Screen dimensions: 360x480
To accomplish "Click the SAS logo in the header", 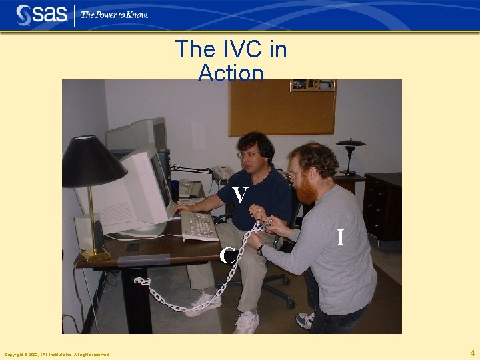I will tap(41, 15).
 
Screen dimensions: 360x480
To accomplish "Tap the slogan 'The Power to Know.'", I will tap(114, 15).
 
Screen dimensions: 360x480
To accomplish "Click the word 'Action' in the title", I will tap(231, 73).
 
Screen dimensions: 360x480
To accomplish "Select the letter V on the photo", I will tap(241, 195).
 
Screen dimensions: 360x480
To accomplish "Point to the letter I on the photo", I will tap(340, 237).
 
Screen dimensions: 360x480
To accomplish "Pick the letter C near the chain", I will tap(228, 255).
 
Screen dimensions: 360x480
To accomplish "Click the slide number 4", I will tap(472, 353).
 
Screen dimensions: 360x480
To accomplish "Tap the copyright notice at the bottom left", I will tap(57, 354).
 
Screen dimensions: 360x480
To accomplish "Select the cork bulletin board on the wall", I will tap(282, 107).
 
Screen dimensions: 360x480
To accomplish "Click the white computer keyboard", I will tap(199, 226).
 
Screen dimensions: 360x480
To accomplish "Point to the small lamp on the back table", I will tap(350, 153).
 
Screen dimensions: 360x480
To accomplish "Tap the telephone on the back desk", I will tap(223, 173).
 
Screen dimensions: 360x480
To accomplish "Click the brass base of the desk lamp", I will tap(96, 254).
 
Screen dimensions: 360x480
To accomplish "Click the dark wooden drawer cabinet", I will tap(383, 207).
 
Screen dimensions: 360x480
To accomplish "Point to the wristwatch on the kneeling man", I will tap(261, 249).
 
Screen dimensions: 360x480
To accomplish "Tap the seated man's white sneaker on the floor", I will tap(246, 322).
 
